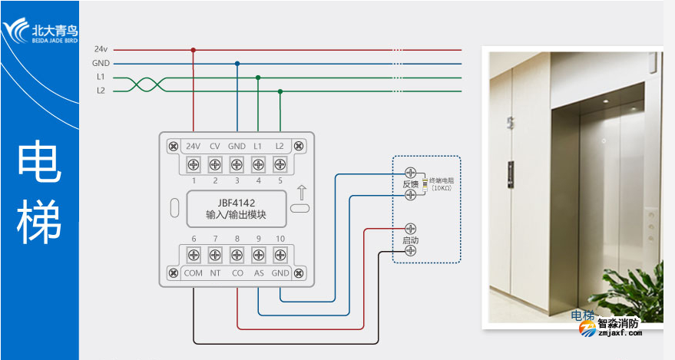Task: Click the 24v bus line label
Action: coord(101,50)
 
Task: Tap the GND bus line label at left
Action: coord(101,64)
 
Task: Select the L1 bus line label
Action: coord(101,78)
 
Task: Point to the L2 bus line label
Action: coord(101,91)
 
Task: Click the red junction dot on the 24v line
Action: coord(193,50)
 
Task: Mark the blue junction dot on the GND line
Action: coord(237,64)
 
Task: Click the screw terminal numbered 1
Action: coord(194,163)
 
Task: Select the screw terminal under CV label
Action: coord(215,163)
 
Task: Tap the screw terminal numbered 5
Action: coord(280,163)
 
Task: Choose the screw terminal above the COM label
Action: coord(194,255)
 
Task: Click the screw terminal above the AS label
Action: coord(258,255)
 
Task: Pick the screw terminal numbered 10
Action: coord(280,255)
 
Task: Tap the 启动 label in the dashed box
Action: coord(410,241)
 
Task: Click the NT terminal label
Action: coord(215,272)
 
